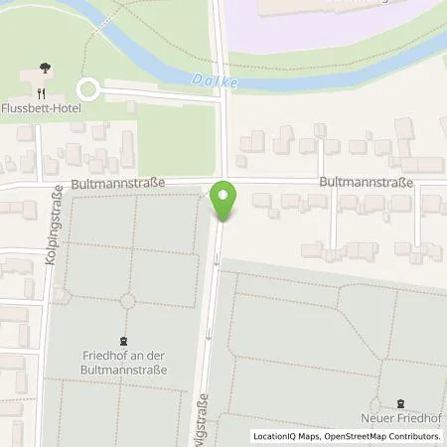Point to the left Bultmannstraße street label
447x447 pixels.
[x=117, y=184]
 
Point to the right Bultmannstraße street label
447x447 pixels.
[x=366, y=183]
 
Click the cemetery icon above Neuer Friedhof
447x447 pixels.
[x=399, y=403]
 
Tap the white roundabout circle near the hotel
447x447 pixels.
[x=90, y=90]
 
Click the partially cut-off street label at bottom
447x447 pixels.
[x=202, y=416]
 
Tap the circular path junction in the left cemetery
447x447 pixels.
[x=126, y=301]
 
